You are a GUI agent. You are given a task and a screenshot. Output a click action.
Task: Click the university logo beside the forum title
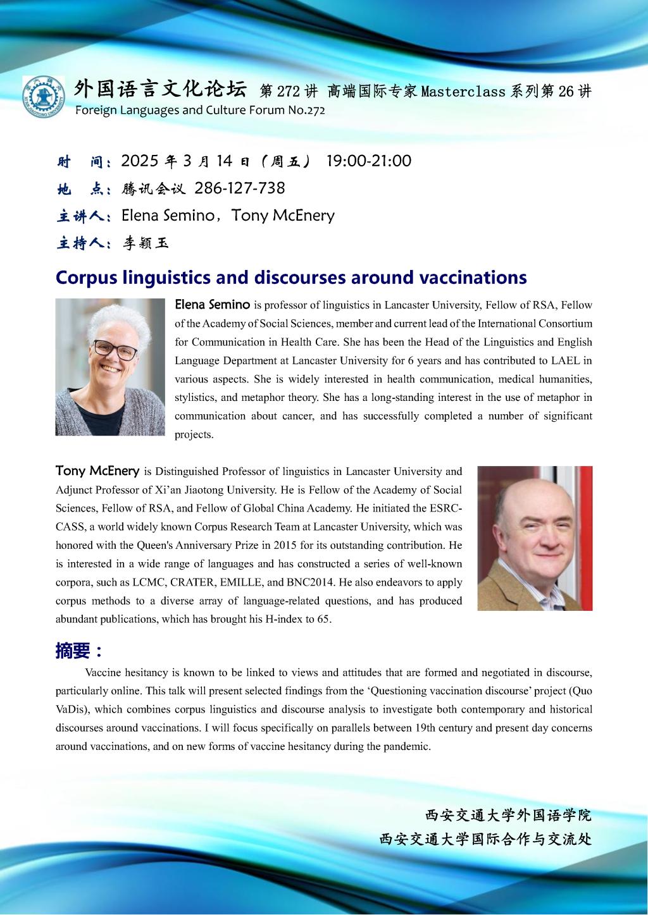43,97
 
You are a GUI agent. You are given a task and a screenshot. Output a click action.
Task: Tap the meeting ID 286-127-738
239,188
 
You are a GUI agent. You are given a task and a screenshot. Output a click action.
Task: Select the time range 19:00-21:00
368,161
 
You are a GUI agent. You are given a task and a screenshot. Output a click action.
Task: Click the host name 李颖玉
146,243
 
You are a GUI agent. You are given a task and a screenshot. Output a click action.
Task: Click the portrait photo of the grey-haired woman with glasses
110,367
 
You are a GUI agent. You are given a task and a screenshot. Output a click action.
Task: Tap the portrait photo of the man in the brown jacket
535,538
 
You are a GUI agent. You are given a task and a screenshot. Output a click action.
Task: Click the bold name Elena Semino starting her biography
212,305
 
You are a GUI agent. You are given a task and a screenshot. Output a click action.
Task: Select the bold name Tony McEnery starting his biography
97,470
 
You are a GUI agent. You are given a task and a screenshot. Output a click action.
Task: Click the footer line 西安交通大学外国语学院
508,815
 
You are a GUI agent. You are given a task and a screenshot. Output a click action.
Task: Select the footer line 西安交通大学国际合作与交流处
485,839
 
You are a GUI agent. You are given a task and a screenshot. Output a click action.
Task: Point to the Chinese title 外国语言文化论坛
159,89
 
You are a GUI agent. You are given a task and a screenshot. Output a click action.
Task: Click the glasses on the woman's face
115,349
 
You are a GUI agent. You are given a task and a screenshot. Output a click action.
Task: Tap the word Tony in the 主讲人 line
250,216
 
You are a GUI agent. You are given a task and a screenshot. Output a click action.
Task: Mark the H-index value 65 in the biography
323,619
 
